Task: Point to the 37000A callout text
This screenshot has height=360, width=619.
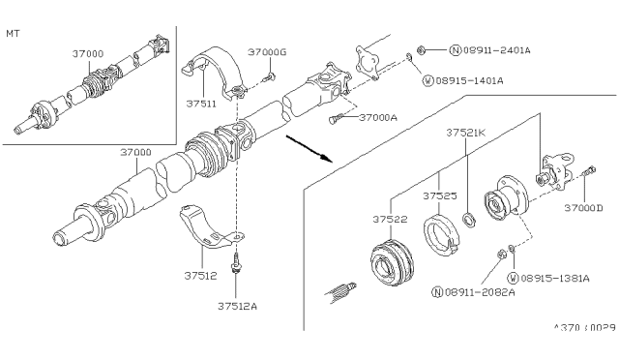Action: point(378,117)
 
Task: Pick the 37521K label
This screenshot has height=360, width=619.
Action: point(467,132)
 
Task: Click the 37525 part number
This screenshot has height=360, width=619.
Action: point(440,195)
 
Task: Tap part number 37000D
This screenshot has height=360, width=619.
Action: point(583,208)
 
